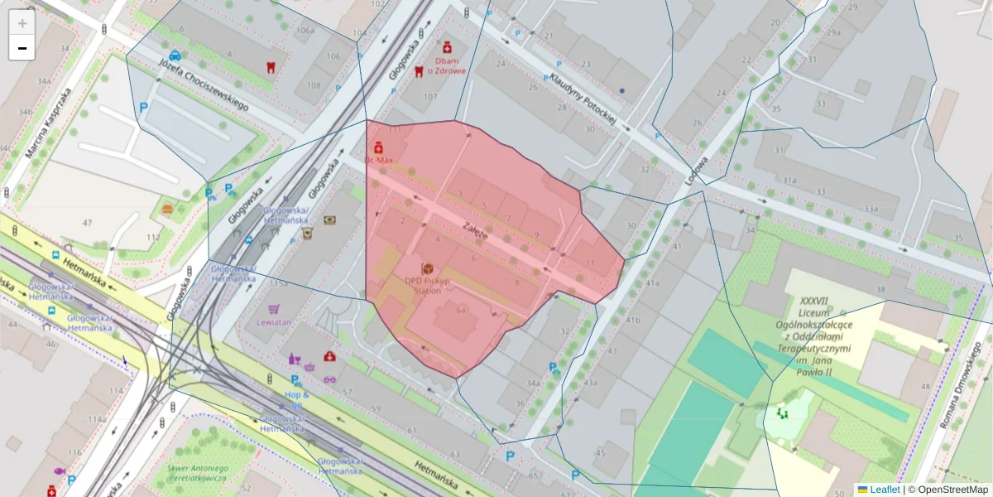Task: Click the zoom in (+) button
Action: coord(22,23)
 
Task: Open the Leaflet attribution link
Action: coord(884,490)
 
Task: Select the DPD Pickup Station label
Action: coord(428,285)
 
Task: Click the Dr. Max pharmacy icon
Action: coord(379,147)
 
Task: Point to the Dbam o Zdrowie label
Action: coord(446,65)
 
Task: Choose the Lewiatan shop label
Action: coord(274,321)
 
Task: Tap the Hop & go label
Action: coord(297,399)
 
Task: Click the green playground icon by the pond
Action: coord(782,412)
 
